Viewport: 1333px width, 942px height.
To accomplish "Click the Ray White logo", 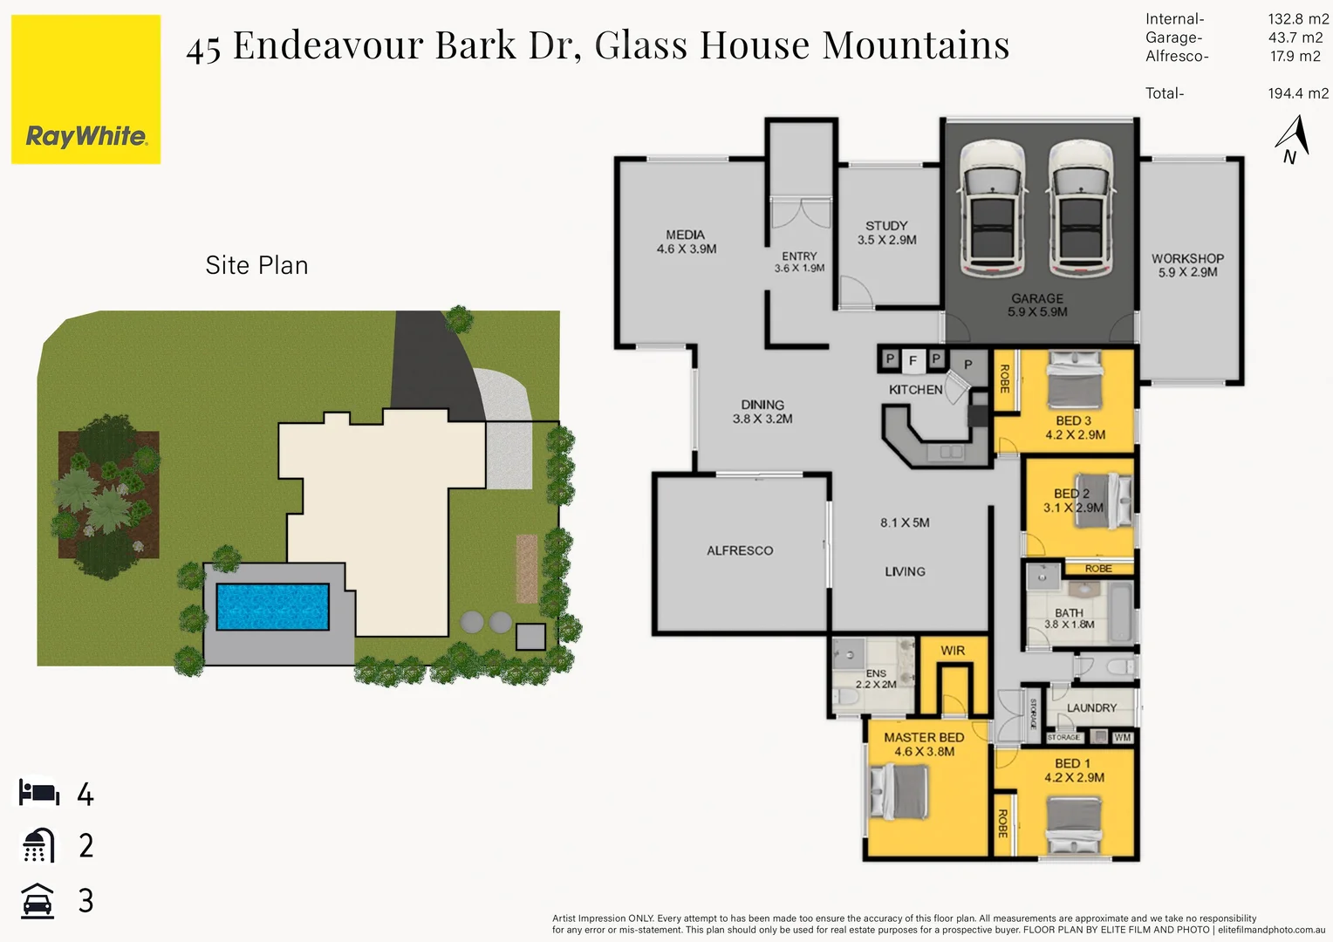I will pos(85,90).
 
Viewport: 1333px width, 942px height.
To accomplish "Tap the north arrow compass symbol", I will pos(1292,139).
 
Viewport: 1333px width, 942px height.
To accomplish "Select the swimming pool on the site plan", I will pos(272,606).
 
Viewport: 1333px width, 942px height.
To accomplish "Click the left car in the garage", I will pos(992,209).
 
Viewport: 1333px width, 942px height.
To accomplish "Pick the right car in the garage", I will pos(1081,209).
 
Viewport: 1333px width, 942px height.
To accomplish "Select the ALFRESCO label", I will pos(740,550).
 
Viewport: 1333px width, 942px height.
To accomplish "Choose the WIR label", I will pos(953,651).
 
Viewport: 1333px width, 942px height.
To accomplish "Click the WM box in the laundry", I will pos(1123,737).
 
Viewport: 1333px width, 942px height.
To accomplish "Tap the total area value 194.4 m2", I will pos(1298,93).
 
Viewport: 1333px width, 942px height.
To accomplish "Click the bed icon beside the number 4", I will pos(39,793).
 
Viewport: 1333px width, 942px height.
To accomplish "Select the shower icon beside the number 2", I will pos(38,845).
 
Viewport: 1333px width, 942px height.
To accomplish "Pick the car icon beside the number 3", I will pos(38,900).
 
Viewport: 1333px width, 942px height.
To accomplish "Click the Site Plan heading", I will pos(256,265).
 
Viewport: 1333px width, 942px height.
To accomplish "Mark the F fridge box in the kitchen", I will pos(913,359).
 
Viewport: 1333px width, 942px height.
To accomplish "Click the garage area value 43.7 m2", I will pos(1295,38).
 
